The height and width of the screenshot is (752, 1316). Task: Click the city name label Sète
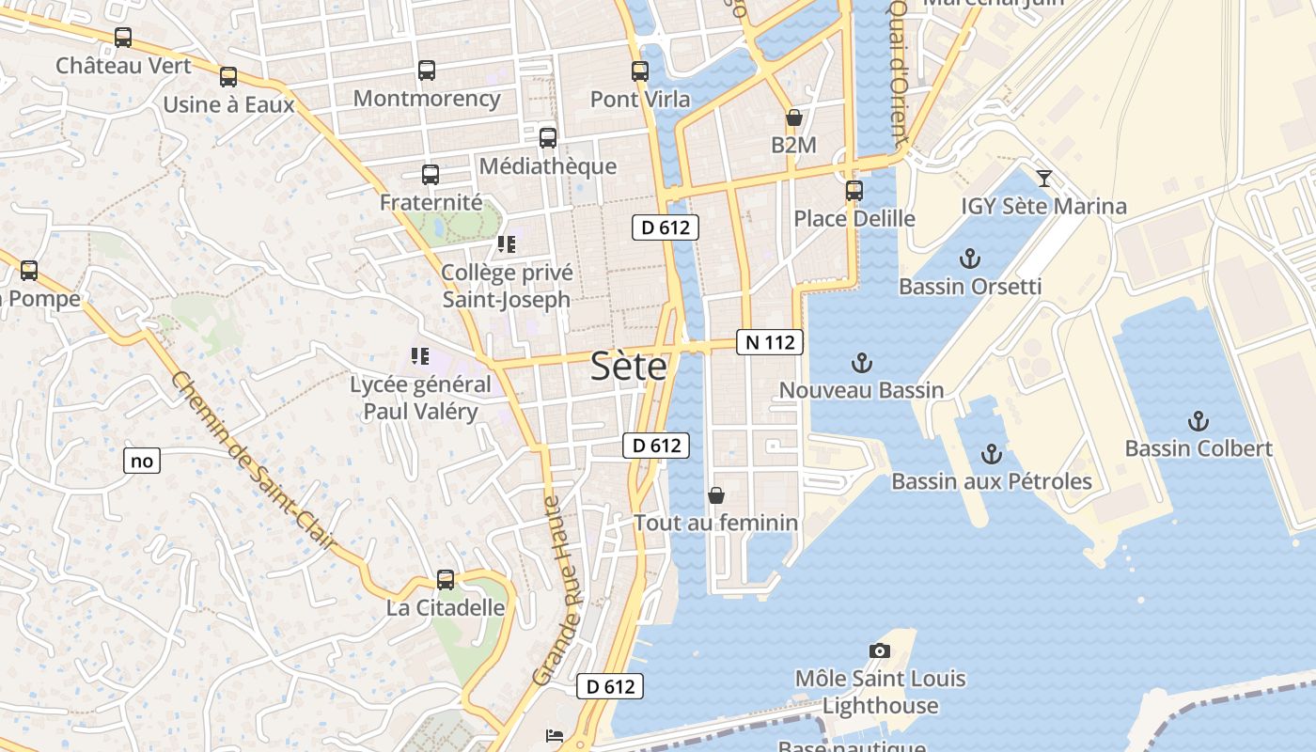pyautogui.click(x=629, y=367)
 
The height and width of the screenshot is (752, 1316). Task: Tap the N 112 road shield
pyautogui.click(x=770, y=342)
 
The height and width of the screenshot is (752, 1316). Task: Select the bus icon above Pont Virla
pyautogui.click(x=640, y=70)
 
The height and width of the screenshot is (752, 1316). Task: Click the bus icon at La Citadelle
pyautogui.click(x=446, y=580)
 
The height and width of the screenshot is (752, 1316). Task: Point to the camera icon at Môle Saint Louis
pyautogui.click(x=880, y=650)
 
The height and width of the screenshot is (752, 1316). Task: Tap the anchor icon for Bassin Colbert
pyautogui.click(x=1198, y=420)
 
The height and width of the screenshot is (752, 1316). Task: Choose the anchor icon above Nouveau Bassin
pyautogui.click(x=861, y=362)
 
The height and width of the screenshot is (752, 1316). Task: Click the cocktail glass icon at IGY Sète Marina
pyautogui.click(x=1043, y=178)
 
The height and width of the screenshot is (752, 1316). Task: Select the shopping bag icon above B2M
pyautogui.click(x=793, y=117)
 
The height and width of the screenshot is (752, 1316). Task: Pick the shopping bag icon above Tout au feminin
pyautogui.click(x=716, y=494)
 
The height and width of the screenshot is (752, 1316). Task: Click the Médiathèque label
pyautogui.click(x=548, y=166)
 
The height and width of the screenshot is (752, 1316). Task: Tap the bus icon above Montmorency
pyautogui.click(x=427, y=70)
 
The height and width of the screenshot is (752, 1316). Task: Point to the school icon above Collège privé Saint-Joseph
pyautogui.click(x=507, y=245)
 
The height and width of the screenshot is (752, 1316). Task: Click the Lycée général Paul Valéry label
pyautogui.click(x=420, y=398)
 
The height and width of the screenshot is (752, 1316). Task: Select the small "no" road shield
pyautogui.click(x=142, y=461)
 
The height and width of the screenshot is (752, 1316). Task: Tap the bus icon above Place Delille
pyautogui.click(x=854, y=190)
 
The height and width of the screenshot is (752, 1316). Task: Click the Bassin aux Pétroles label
pyautogui.click(x=991, y=481)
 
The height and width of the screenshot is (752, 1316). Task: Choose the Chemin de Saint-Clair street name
pyautogui.click(x=254, y=461)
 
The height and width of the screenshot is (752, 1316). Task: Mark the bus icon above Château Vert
pyautogui.click(x=123, y=38)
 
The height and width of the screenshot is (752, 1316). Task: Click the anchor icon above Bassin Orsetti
pyautogui.click(x=970, y=258)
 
